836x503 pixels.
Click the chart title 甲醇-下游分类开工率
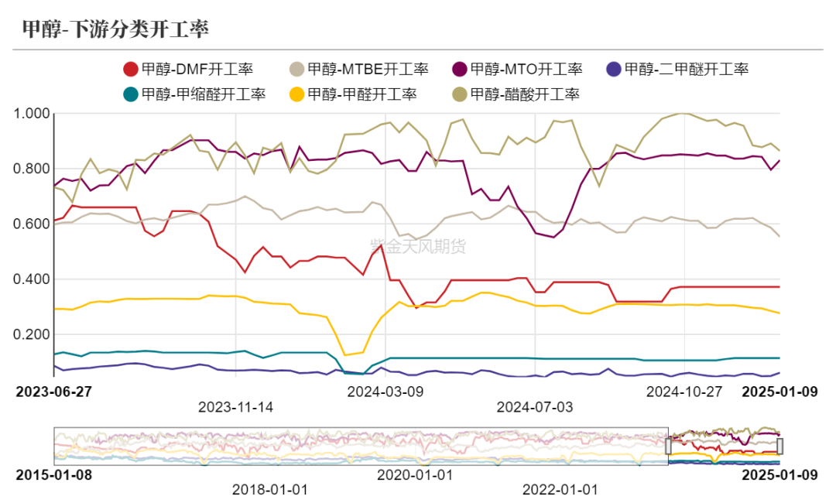pos(115,29)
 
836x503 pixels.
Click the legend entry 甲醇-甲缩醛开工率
pos(194,94)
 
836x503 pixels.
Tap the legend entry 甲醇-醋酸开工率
pos(514,94)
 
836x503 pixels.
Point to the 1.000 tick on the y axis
pos(33,114)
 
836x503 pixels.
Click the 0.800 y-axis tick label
pos(33,169)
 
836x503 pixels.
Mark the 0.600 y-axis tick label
pos(33,224)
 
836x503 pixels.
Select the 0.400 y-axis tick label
pos(33,279)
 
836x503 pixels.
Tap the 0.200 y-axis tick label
pos(33,334)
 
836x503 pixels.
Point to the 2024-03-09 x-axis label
pos(385,392)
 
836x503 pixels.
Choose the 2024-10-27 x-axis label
pos(684,392)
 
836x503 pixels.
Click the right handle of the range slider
pos(779,446)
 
